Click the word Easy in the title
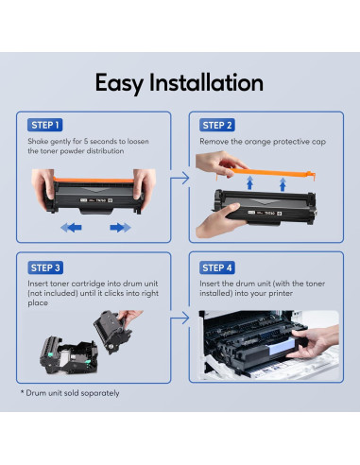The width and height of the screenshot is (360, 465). pyautogui.click(x=119, y=83)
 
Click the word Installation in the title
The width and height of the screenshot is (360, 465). pyautogui.click(x=206, y=82)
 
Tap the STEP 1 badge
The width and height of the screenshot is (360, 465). pyautogui.click(x=45, y=125)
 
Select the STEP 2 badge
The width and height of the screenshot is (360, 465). pyautogui.click(x=217, y=125)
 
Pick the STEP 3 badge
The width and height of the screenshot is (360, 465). pyautogui.click(x=45, y=267)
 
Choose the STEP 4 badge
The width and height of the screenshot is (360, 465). pyautogui.click(x=217, y=267)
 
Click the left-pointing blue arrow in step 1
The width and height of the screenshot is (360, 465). pyautogui.click(x=71, y=227)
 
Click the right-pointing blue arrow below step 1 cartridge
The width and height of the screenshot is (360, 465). pyautogui.click(x=120, y=227)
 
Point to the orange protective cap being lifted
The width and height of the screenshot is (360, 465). pyautogui.click(x=271, y=174)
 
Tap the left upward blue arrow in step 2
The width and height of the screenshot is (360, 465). pyautogui.click(x=249, y=182)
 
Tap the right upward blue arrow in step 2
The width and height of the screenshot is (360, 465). pyautogui.click(x=283, y=184)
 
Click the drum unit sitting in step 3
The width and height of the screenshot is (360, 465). pyautogui.click(x=69, y=355)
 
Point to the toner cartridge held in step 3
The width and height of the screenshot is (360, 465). pyautogui.click(x=112, y=332)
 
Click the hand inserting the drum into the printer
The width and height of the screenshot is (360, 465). pyautogui.click(x=314, y=342)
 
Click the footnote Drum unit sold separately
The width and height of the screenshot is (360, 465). pyautogui.click(x=70, y=393)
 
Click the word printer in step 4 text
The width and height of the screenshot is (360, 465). pyautogui.click(x=281, y=294)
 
